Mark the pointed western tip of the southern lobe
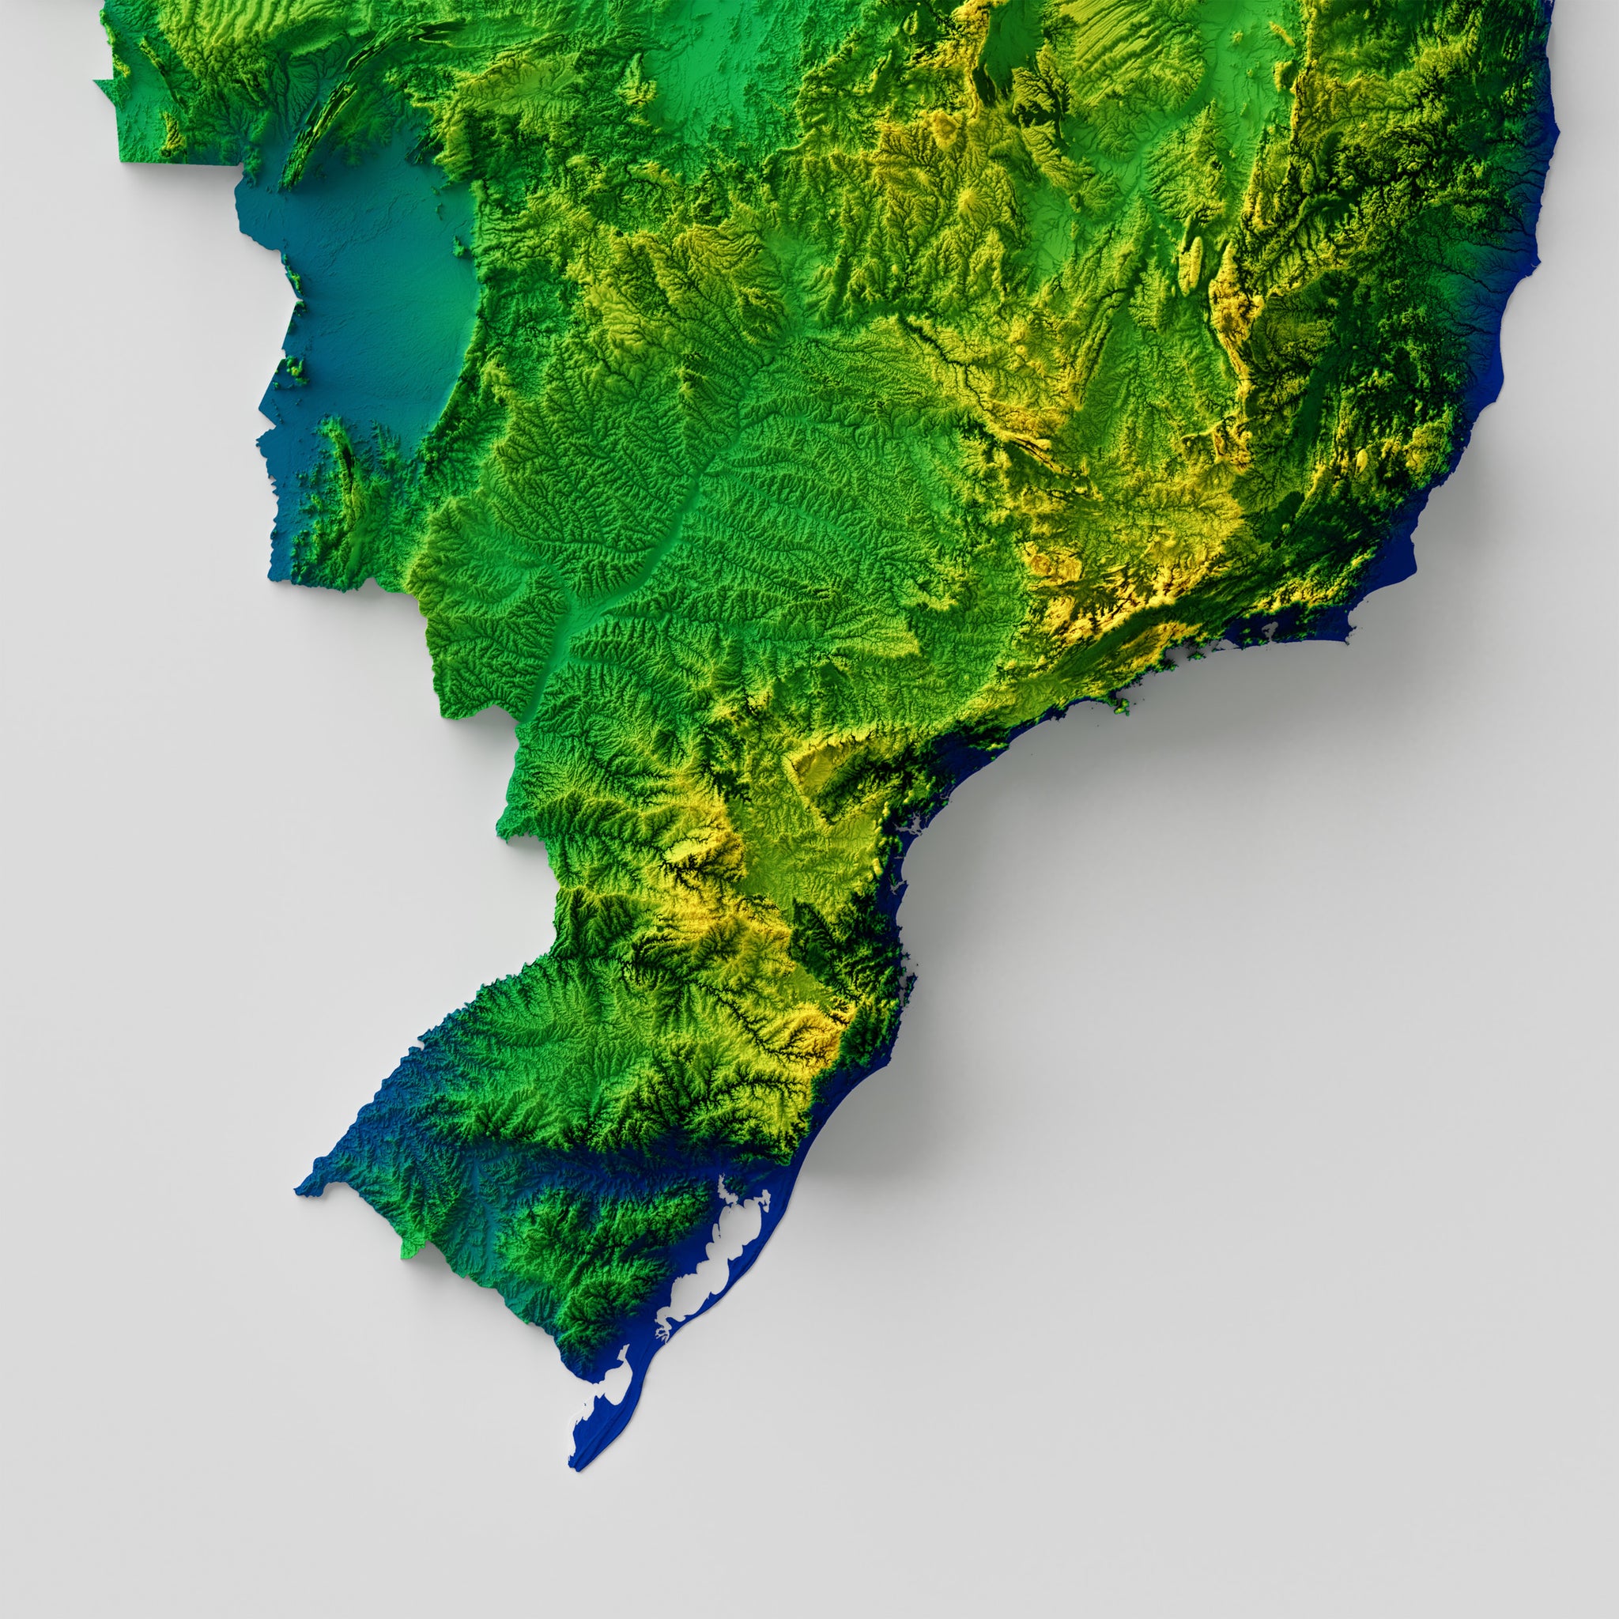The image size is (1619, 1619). [x=300, y=1188]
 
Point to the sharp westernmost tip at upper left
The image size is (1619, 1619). [x=96, y=81]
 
